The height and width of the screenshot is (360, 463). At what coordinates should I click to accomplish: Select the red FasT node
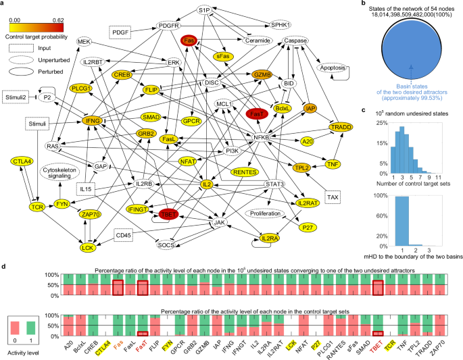(258, 114)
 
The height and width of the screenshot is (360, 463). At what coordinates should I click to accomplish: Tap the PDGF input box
(120, 32)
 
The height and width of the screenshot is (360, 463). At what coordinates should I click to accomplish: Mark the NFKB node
(261, 138)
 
